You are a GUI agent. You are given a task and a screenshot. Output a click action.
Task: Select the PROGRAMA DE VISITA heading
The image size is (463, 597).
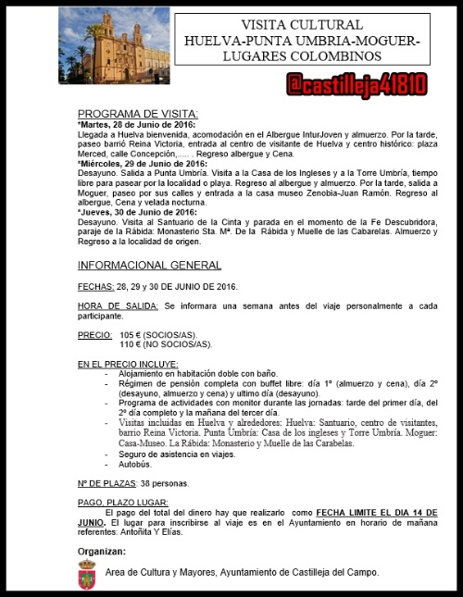pos(138,113)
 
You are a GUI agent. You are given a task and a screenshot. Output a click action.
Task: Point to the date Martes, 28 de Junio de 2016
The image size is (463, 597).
pos(139,124)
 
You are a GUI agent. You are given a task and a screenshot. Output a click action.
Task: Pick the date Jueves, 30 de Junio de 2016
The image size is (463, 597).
pos(140,212)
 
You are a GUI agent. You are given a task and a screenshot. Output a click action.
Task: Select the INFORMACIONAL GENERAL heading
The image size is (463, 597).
pos(150,265)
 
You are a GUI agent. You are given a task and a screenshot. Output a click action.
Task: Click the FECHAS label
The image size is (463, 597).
pos(95,286)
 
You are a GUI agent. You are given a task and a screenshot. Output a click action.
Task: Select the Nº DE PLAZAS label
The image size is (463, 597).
pos(106,483)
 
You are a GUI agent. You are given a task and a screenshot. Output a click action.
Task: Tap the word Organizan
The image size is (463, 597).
pos(102,551)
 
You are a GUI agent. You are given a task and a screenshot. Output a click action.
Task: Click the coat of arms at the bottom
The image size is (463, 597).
pos(86,578)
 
